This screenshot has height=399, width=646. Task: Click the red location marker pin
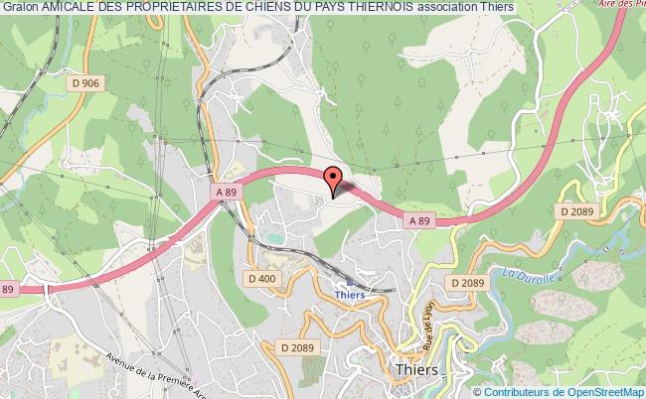pos(334,180)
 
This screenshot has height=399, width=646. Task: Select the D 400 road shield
pos(262,279)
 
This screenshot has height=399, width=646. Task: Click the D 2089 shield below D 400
pos(297,346)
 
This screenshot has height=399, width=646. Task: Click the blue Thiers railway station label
pos(351,295)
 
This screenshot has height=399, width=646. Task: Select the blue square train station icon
pos(350,281)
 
